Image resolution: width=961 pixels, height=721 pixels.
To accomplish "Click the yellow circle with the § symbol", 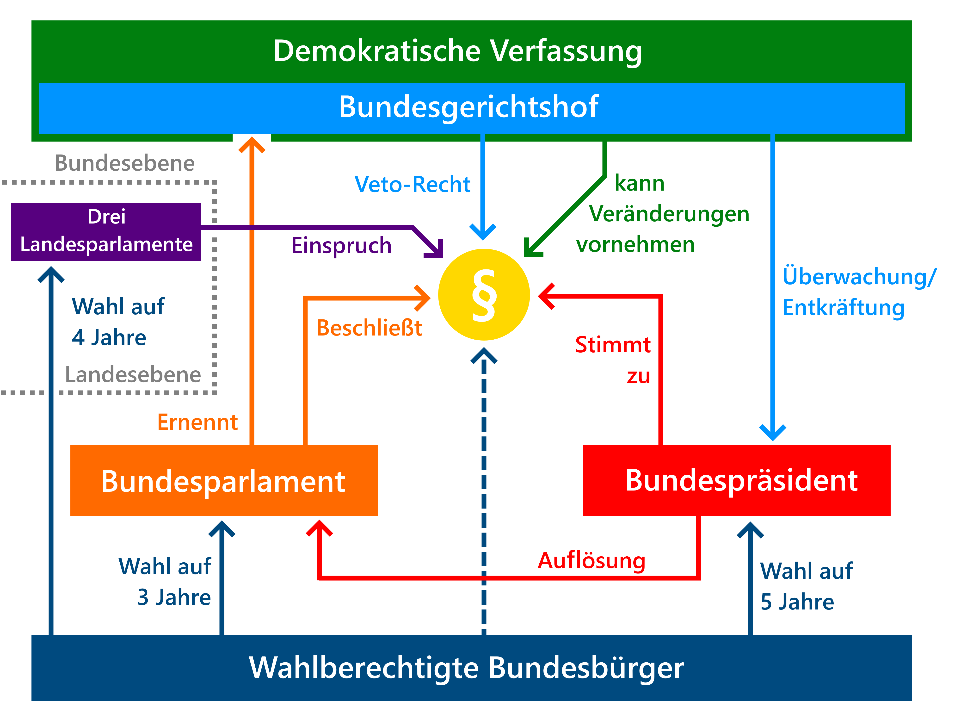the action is (484, 295).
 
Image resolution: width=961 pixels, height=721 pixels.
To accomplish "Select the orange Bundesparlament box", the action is (224, 481).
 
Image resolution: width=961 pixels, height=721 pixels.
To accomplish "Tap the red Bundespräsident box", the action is (736, 481).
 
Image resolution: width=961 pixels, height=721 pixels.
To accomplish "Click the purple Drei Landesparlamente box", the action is (106, 232).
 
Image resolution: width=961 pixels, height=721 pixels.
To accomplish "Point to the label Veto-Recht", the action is (412, 184).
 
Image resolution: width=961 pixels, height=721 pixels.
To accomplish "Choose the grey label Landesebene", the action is (133, 375).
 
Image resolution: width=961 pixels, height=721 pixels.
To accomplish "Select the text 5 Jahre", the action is (797, 602).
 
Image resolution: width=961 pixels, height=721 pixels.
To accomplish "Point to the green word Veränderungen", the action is (669, 215).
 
